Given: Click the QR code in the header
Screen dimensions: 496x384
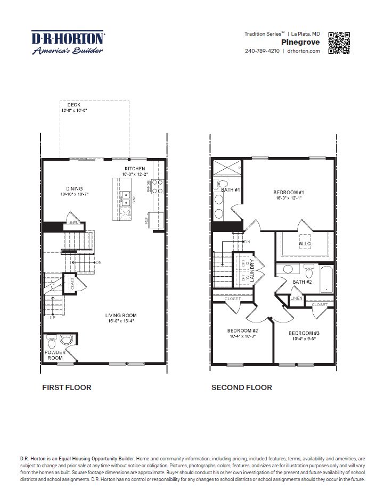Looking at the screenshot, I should pos(339,43).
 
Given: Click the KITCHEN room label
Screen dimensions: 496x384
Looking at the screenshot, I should pos(135,169).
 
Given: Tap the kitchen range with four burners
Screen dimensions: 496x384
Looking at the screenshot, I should pos(158,186).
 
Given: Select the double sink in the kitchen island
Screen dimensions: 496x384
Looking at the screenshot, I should pos(126,199).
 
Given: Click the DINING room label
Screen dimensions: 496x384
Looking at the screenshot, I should pos(74,188).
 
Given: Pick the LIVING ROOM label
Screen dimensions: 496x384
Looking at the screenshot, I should pos(121,315).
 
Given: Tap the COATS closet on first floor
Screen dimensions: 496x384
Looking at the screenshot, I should pos(71,284).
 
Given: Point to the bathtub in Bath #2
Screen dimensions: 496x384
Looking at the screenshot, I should pos(326,278).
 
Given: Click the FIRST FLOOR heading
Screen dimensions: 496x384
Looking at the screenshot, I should pos(67,387).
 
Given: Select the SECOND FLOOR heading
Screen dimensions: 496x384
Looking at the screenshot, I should pos(242,387).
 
